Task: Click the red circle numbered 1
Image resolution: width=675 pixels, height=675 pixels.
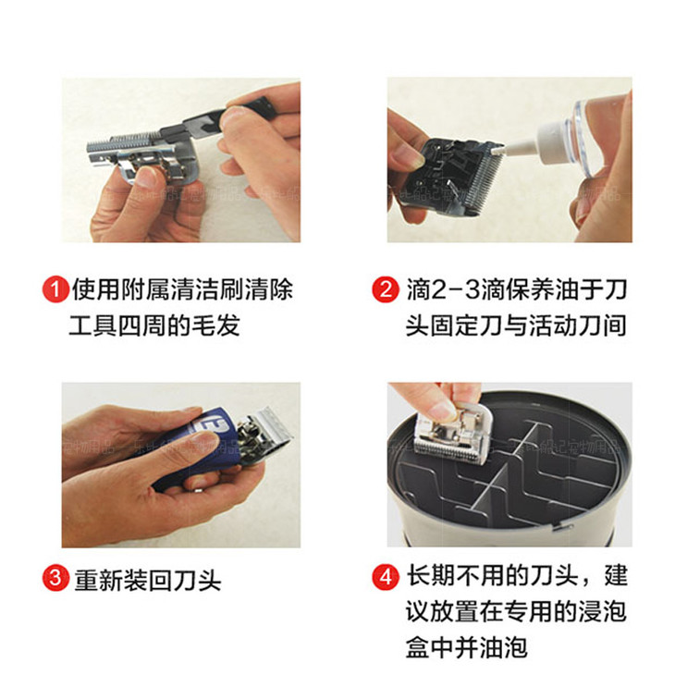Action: (56, 289)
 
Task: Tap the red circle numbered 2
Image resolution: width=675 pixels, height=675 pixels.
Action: (386, 289)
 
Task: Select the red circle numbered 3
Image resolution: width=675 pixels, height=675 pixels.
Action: (56, 578)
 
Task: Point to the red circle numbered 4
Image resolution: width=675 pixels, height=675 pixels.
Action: (386, 577)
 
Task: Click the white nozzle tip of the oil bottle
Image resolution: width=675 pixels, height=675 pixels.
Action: (498, 150)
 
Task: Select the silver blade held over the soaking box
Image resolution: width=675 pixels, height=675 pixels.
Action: (452, 435)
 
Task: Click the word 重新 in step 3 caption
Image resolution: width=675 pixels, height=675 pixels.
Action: (99, 581)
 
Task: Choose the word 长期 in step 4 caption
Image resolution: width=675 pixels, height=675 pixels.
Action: (431, 575)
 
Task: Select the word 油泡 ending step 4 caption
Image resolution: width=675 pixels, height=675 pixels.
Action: (504, 647)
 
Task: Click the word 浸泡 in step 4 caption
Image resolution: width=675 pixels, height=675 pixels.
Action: (602, 611)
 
